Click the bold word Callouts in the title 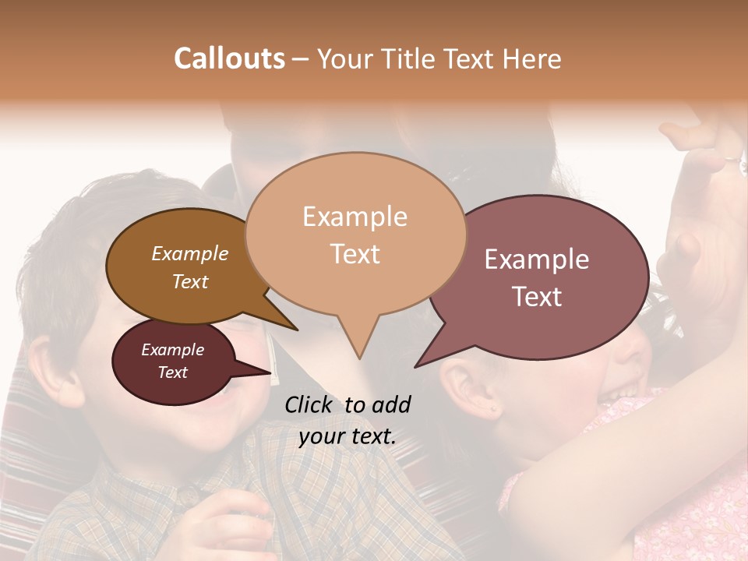229,58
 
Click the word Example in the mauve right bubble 537,259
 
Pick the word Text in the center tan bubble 355,254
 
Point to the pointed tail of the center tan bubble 358,356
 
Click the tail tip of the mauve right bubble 416,365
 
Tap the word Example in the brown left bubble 189,253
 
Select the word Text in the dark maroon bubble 172,372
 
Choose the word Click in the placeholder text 311,404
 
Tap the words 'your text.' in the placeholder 348,437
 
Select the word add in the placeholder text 390,404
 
